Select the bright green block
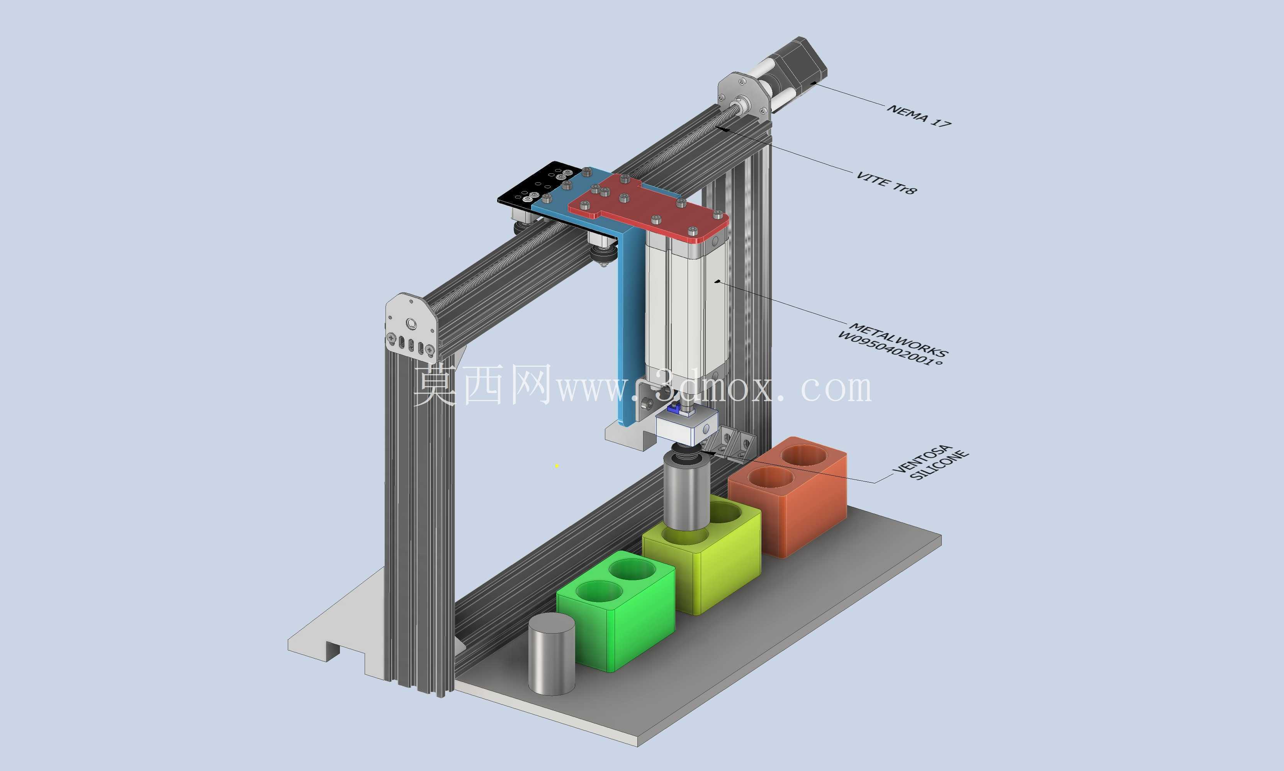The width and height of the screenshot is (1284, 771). [617, 610]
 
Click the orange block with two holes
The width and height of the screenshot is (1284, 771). [788, 496]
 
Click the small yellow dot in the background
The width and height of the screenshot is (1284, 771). [557, 466]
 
